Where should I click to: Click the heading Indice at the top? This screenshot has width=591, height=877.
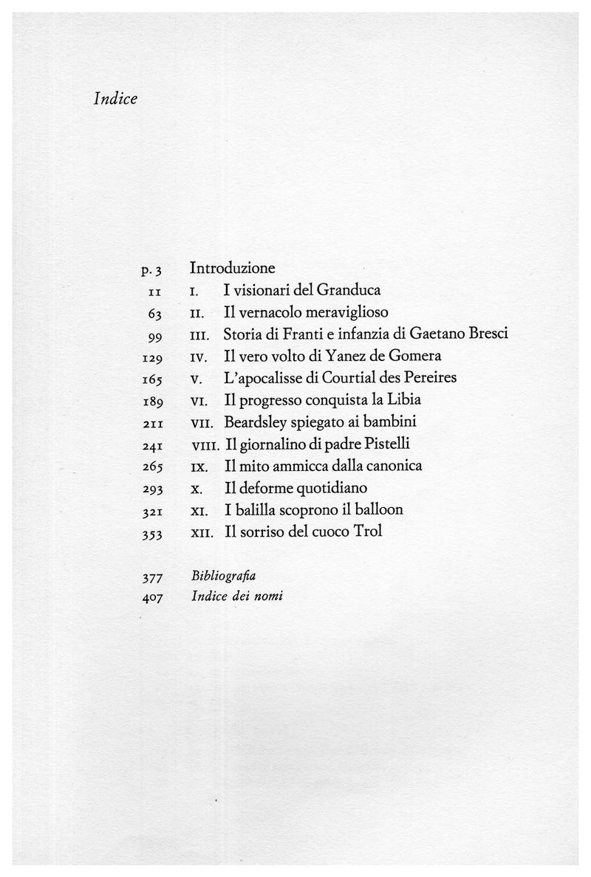tap(115, 99)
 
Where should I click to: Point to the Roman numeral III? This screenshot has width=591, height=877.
tap(199, 336)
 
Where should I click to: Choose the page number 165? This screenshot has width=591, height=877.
tap(151, 380)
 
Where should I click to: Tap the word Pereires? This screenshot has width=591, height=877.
tap(431, 378)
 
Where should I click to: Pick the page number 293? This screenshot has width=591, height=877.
tap(151, 491)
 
